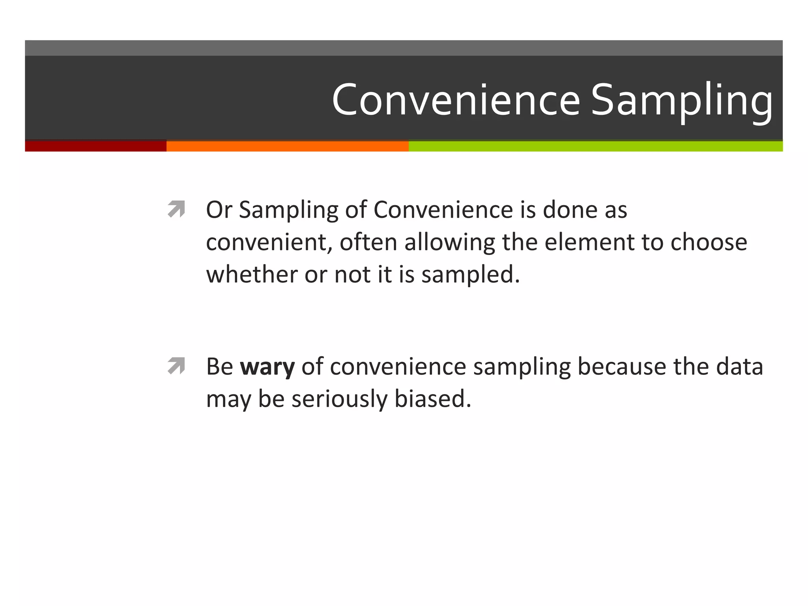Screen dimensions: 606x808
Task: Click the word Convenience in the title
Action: pos(456,99)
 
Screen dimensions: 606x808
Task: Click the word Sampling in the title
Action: pos(681,101)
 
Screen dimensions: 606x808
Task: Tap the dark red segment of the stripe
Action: pos(95,146)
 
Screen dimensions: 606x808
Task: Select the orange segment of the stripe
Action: pos(287,146)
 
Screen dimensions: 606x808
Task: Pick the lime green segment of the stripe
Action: pos(596,146)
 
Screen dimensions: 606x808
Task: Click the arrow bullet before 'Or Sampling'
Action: pos(176,209)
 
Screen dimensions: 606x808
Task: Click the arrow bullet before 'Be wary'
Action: pos(176,366)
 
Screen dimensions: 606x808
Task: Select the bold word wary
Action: pos(267,367)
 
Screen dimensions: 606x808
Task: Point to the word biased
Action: pos(433,398)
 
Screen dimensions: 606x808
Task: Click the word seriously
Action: pos(339,399)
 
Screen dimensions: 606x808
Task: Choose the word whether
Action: pos(252,274)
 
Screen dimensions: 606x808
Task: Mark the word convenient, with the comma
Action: pos(268,242)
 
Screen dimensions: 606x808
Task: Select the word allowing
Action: pos(449,242)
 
